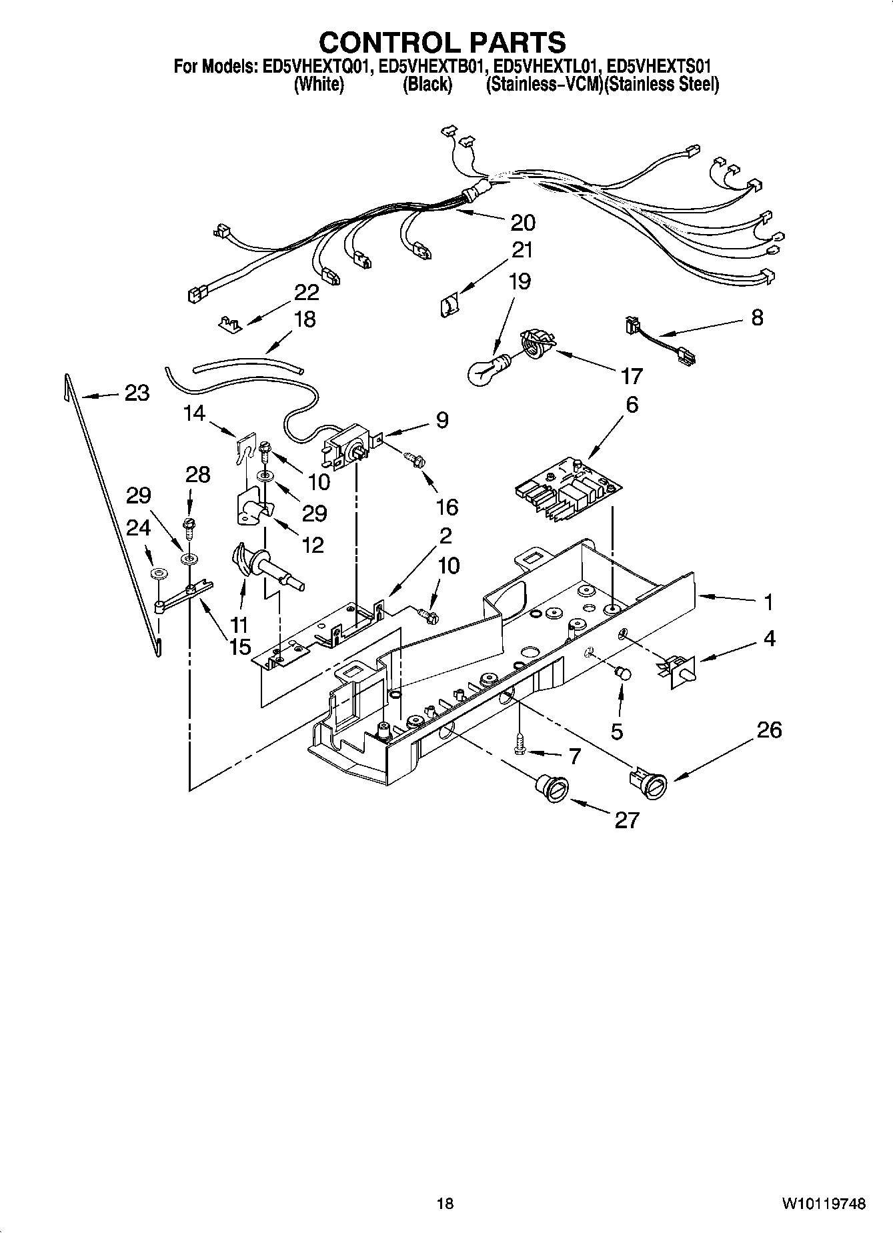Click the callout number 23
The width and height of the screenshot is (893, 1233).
[137, 393]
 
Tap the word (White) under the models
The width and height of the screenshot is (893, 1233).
[319, 85]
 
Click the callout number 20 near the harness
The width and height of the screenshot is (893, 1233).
[523, 222]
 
